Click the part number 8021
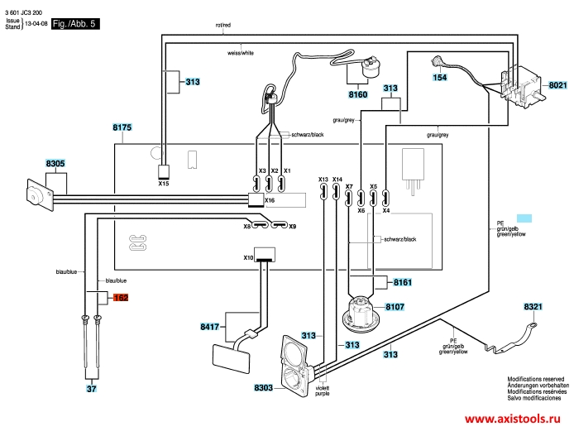[558, 84]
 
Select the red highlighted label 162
[121, 297]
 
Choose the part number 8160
[358, 95]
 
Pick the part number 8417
[210, 328]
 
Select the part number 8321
[533, 307]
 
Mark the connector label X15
[164, 184]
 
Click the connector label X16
[270, 201]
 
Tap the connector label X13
[323, 180]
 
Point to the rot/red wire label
[222, 26]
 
